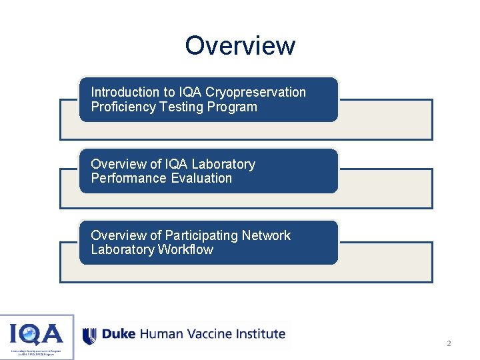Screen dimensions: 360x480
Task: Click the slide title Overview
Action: tap(240, 45)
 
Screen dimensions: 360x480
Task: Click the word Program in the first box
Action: tap(232, 107)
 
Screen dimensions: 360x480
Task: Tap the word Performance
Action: tap(129, 178)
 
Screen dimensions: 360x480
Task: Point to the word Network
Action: tap(266, 235)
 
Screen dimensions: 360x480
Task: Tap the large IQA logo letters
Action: tap(37, 333)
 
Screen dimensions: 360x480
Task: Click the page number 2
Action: tap(449, 344)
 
